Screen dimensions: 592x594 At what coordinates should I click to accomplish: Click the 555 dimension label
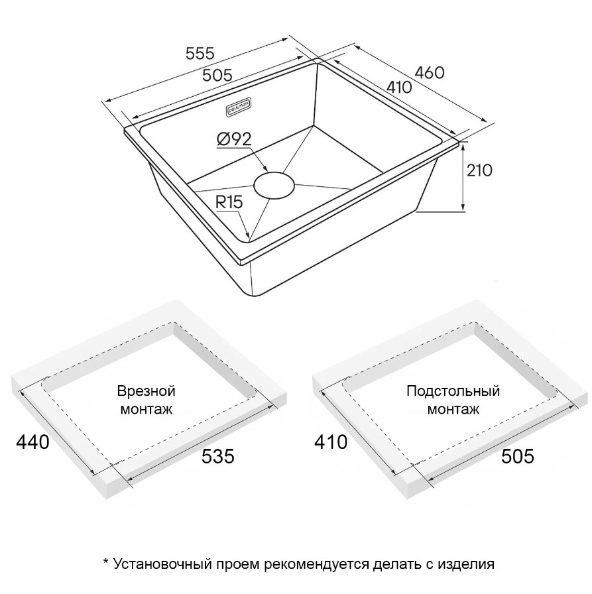point(200,54)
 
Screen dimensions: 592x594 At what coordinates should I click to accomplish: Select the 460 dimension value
point(430,73)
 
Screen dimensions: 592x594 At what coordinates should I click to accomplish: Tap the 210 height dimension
point(479,170)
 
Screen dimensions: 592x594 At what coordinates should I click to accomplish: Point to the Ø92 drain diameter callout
point(234,139)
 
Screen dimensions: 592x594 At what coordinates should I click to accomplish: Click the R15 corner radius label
point(229,203)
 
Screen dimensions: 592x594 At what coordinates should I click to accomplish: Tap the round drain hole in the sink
point(274,185)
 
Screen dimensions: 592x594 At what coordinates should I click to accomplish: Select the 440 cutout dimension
point(32,442)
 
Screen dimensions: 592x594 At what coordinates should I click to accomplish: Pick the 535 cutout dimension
point(218,456)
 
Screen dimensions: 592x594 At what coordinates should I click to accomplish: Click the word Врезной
point(147,391)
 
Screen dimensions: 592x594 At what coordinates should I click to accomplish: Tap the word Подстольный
point(453,391)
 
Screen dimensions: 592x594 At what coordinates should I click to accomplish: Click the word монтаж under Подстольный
point(453,410)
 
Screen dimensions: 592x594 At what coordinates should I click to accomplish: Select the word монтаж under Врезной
point(147,410)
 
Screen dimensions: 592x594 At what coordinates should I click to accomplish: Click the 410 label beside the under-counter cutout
point(331,442)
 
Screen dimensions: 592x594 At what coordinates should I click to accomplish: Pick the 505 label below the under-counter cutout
point(517,456)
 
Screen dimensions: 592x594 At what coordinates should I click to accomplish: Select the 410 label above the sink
point(399,87)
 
